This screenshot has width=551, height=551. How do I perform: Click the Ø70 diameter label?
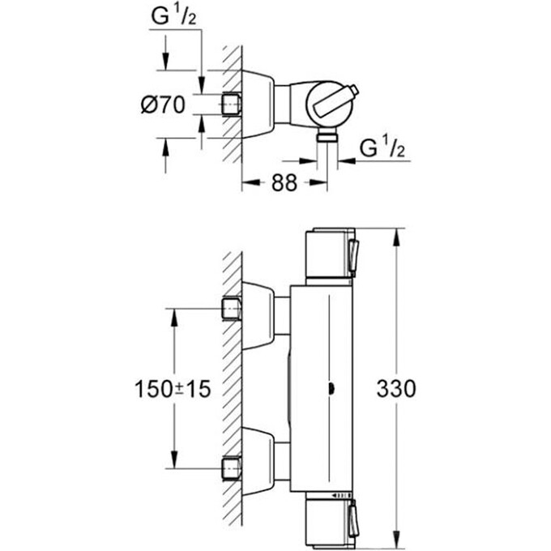(x=163, y=105)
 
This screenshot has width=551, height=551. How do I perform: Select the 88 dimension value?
(x=284, y=183)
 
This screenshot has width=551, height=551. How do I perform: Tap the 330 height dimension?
(x=396, y=389)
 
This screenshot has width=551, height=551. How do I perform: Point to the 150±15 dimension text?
(x=173, y=389)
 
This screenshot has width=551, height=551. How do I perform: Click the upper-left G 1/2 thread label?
(x=173, y=16)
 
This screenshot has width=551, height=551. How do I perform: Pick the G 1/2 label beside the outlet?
(x=382, y=147)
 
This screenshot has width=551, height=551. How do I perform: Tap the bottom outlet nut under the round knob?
(x=327, y=135)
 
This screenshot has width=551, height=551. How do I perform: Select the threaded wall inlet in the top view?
(x=231, y=105)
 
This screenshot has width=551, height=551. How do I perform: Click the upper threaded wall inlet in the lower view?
(x=232, y=309)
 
